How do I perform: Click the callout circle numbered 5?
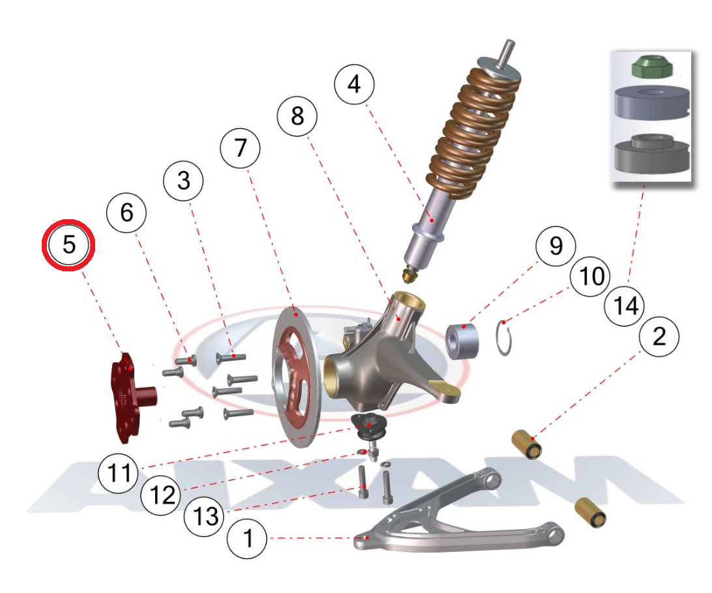69,245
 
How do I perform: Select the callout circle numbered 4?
354,84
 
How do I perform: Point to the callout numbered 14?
625,305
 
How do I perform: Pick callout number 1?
247,540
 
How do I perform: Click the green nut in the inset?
648,67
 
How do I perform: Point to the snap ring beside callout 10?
504,337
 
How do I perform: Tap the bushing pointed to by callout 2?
527,444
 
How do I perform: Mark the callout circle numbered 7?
241,149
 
